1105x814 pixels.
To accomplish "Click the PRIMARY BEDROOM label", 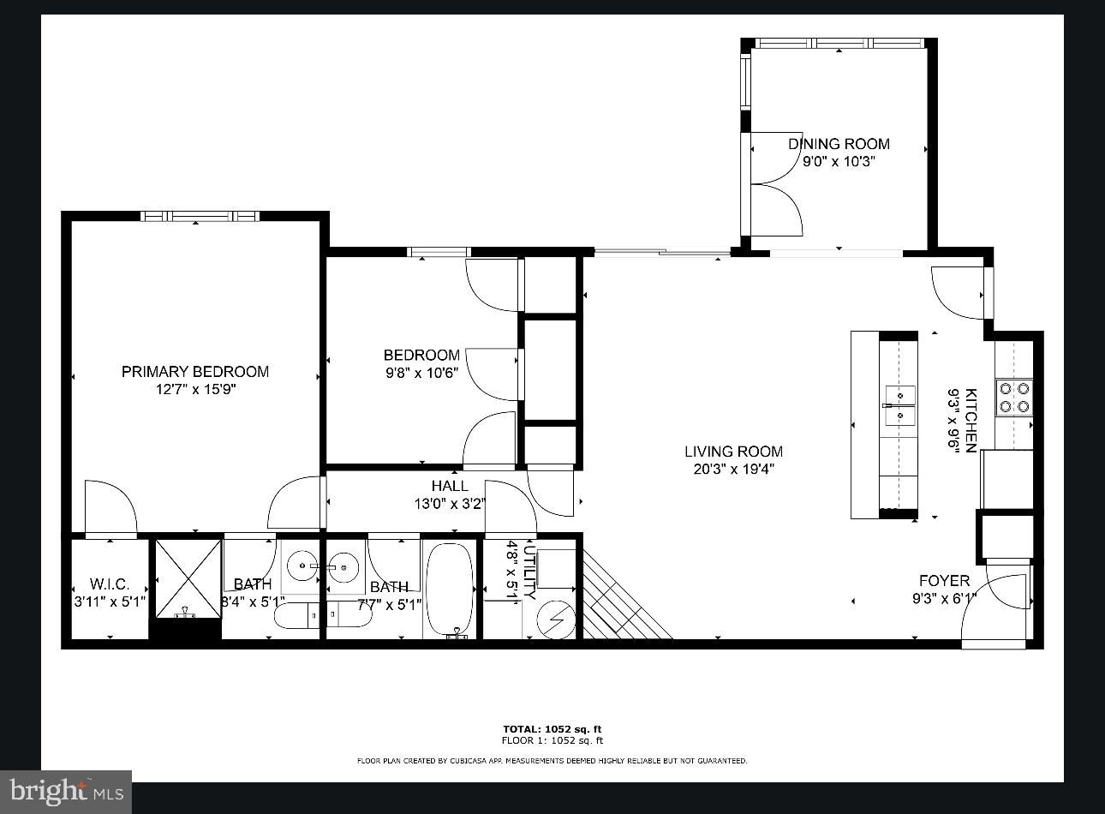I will click(x=194, y=371).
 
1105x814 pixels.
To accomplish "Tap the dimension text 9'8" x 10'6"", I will click(x=421, y=373).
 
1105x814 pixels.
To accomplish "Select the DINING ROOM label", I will click(x=839, y=144).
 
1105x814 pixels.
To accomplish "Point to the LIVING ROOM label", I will click(x=733, y=452).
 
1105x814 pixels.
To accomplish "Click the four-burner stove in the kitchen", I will click(x=1013, y=398).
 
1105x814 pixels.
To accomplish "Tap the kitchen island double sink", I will click(x=899, y=405).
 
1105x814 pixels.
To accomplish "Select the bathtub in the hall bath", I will click(x=449, y=589).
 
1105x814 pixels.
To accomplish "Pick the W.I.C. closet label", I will click(x=110, y=584).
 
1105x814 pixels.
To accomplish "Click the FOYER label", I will click(x=944, y=581).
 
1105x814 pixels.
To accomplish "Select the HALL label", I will click(x=450, y=486).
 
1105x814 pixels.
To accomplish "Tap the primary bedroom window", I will click(x=199, y=216).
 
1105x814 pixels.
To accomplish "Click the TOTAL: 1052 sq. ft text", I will click(x=552, y=729).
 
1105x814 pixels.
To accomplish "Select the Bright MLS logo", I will click(x=67, y=791).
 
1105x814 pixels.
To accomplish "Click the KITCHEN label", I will click(x=971, y=420).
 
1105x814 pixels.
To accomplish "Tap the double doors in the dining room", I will click(x=775, y=183).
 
